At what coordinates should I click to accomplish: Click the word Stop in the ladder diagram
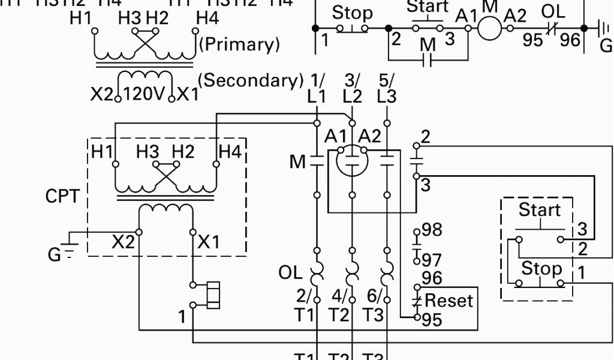point(352,13)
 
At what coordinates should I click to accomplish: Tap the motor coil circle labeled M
point(489,28)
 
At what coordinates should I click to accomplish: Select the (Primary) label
point(239,43)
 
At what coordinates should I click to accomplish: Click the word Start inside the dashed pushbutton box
point(539,210)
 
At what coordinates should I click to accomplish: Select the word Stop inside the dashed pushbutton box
point(541,268)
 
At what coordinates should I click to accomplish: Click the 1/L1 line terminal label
point(317,88)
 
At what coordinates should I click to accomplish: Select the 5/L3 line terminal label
point(387,88)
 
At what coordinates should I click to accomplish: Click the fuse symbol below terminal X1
point(212,295)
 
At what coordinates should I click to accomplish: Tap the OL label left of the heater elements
point(291,272)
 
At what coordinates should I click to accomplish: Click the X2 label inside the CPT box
point(124,242)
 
